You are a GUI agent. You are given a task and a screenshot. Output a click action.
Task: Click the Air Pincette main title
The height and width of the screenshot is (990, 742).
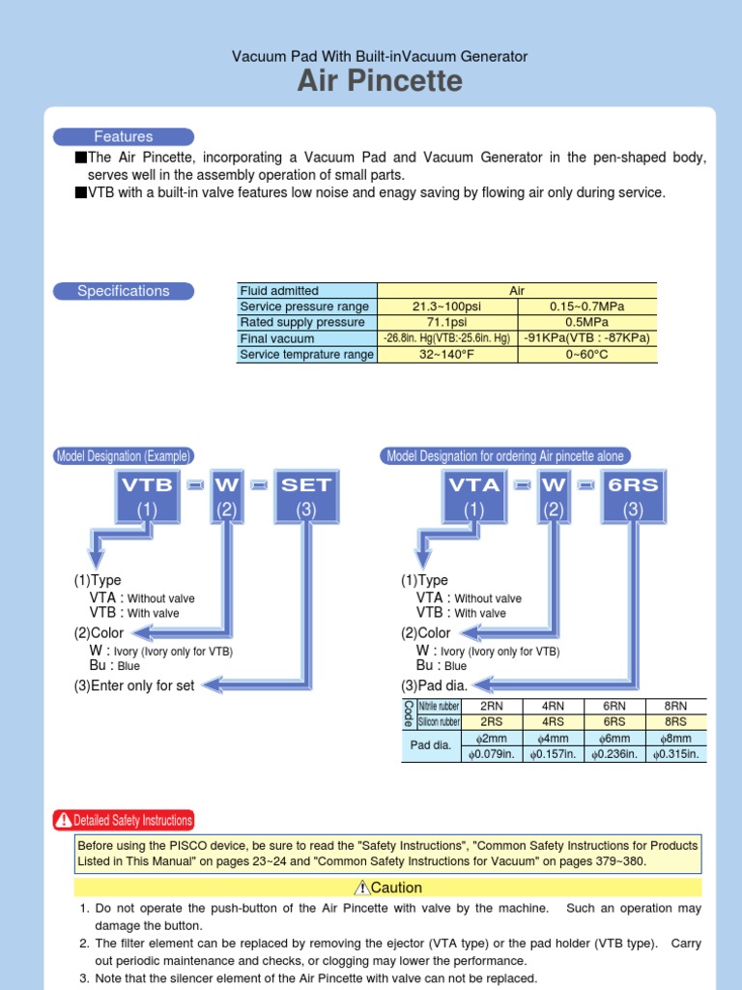(x=380, y=82)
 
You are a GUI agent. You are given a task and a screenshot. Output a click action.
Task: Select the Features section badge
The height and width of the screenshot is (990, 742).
(x=124, y=137)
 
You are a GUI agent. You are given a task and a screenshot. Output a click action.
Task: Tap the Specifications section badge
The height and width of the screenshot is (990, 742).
(x=124, y=291)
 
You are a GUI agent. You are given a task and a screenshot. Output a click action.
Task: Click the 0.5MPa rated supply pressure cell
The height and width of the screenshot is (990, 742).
(x=586, y=323)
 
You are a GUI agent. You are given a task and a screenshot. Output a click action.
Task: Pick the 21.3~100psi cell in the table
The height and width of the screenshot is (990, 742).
(x=446, y=306)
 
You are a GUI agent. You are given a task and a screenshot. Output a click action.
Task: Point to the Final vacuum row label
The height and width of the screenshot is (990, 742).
(x=277, y=339)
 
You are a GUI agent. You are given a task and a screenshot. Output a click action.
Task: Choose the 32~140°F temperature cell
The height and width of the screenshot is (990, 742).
(x=446, y=355)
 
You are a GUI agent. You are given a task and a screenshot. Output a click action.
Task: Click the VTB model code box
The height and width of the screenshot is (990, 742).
(x=147, y=497)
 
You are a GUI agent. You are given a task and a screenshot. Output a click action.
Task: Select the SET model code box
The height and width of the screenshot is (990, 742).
(x=306, y=497)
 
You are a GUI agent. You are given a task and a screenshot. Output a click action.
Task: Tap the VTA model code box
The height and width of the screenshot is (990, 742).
(x=473, y=497)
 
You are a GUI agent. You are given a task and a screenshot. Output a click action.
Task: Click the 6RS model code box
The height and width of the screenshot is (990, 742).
(x=633, y=497)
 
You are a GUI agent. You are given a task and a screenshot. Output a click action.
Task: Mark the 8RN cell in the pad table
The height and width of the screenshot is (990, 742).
(x=676, y=707)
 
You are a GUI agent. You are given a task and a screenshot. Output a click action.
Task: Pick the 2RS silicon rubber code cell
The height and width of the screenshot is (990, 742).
(x=492, y=721)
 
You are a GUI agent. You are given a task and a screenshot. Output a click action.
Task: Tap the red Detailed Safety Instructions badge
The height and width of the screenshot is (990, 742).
(x=124, y=820)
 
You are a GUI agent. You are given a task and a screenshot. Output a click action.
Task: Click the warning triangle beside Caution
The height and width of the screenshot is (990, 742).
(x=362, y=888)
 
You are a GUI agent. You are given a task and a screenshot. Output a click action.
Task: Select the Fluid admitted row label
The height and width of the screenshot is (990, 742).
(x=279, y=290)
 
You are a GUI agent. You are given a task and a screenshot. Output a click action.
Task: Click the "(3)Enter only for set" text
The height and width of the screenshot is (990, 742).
(x=134, y=685)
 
